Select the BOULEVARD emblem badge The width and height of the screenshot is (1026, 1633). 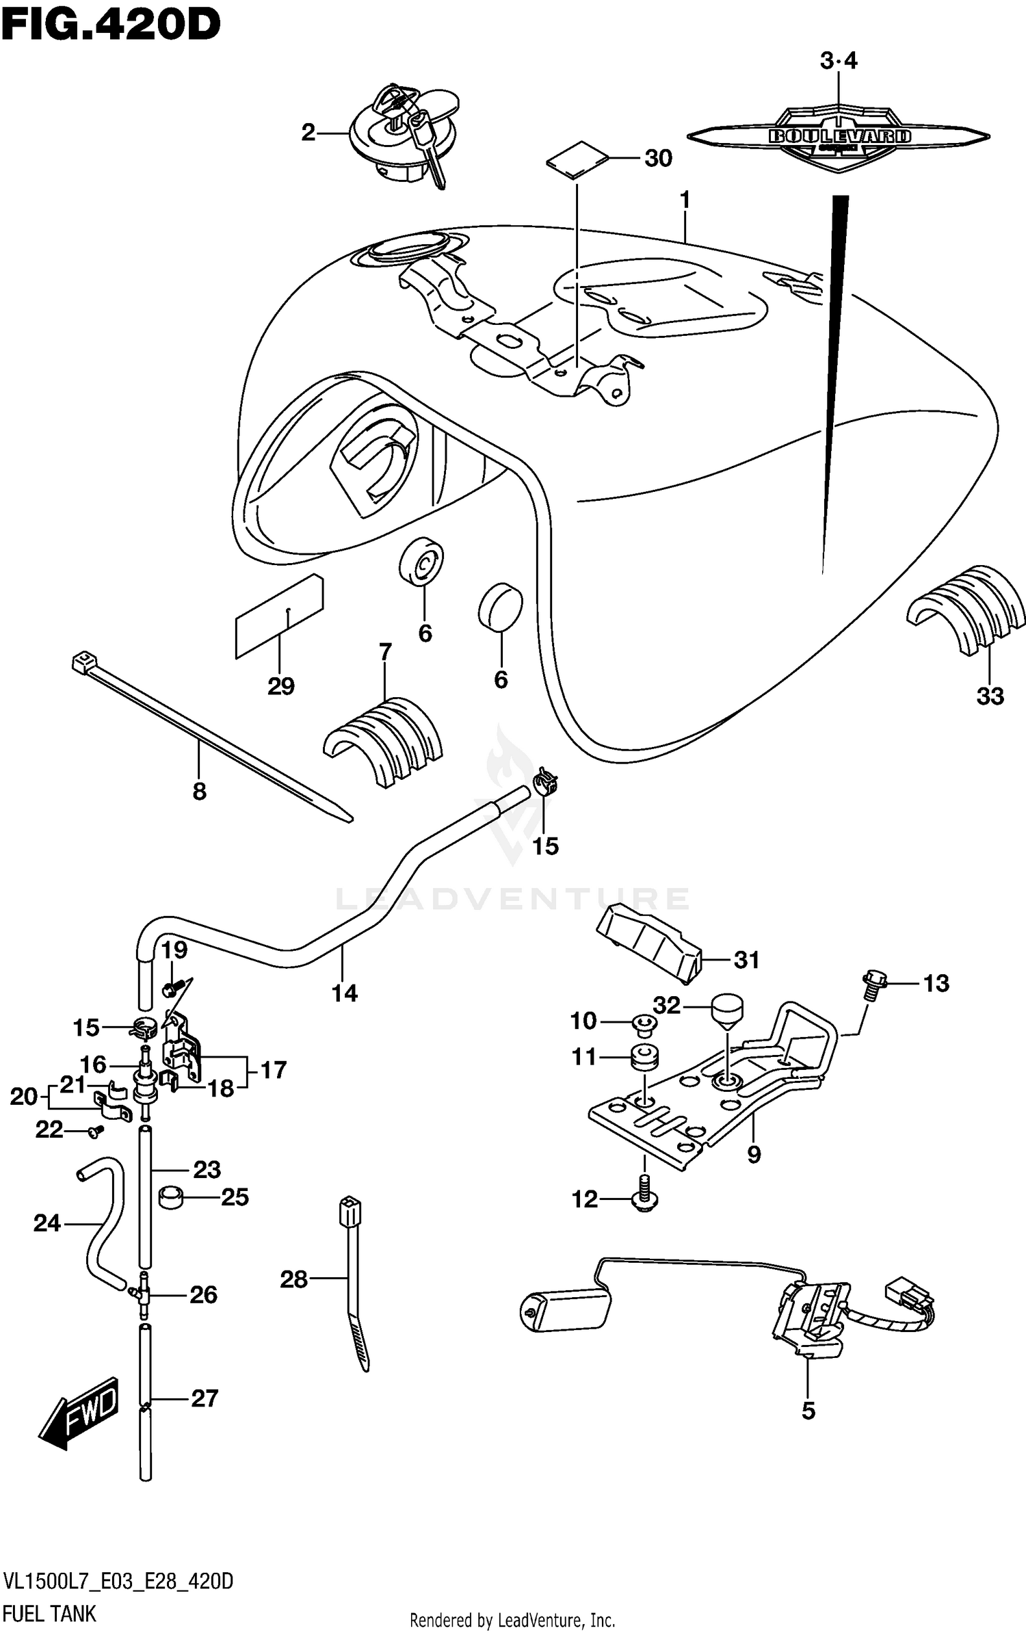(x=839, y=136)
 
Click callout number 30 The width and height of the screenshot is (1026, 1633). (x=658, y=159)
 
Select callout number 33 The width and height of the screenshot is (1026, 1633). (x=990, y=696)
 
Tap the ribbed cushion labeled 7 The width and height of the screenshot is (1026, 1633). (x=383, y=742)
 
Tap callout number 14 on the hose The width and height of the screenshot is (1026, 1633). (x=345, y=993)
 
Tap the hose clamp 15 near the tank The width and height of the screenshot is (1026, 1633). (x=547, y=780)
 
